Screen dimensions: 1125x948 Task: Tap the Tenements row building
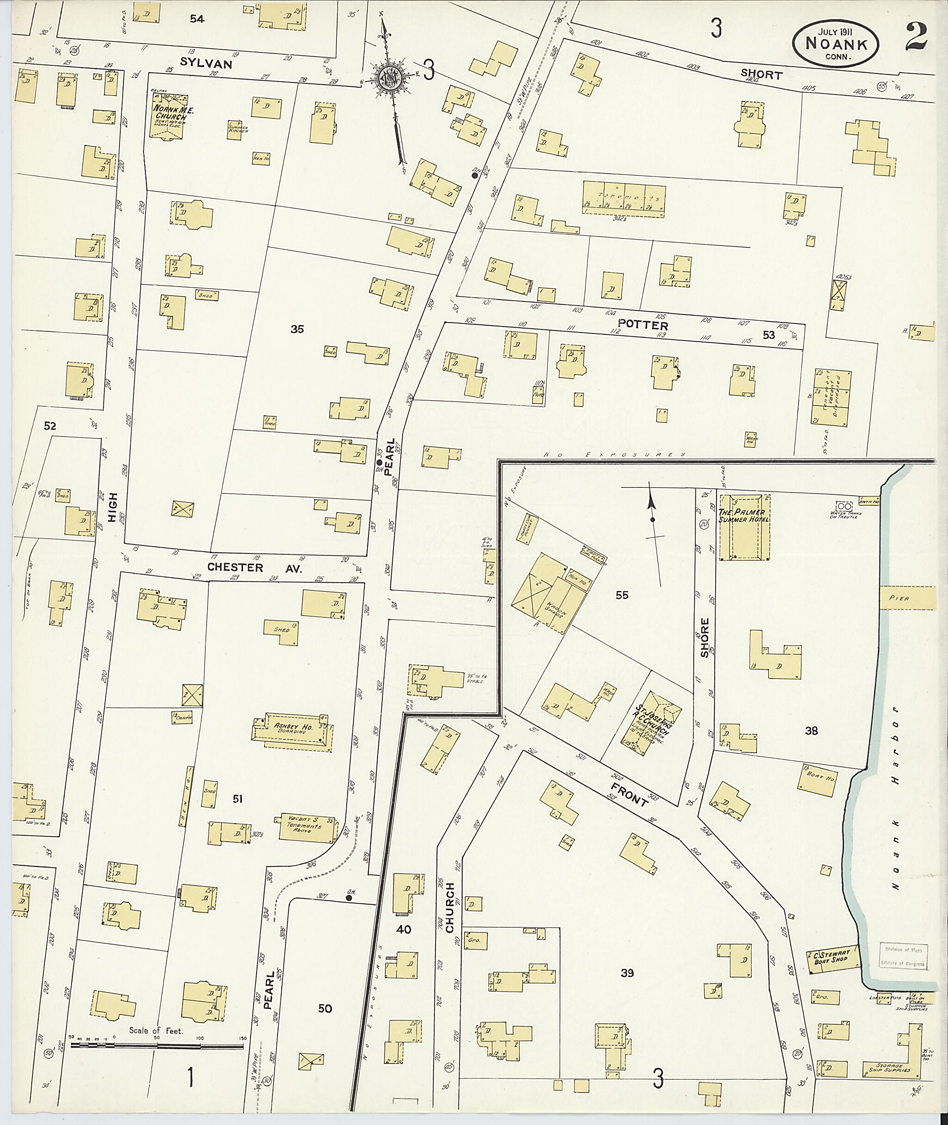pos(624,197)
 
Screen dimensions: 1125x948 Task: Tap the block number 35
pos(297,329)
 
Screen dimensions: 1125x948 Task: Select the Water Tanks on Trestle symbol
pos(844,506)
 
